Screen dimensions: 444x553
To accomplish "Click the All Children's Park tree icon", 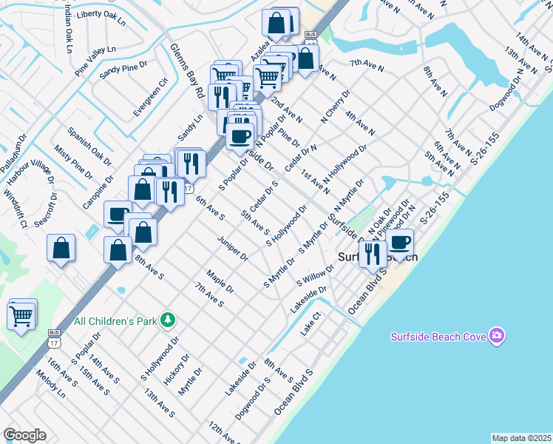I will pos(169,320).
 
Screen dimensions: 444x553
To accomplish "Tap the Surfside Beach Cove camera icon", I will pos(497,337).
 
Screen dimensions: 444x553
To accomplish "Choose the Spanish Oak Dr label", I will pos(89,147).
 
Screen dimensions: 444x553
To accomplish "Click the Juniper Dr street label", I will pos(232,248).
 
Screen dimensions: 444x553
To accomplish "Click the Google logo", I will pos(24,435).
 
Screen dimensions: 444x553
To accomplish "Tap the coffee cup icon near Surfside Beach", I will pos(400,243).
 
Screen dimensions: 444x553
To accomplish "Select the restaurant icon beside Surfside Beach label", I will pos(372,254).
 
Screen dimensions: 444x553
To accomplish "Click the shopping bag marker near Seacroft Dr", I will pos(61,249).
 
